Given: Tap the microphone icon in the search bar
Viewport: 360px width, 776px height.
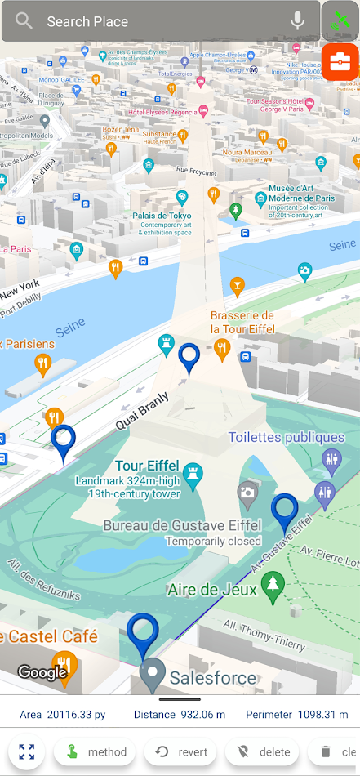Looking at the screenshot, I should (297, 21).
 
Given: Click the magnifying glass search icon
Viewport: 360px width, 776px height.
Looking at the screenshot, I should (24, 21).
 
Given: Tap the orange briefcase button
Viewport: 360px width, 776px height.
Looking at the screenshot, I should (340, 61).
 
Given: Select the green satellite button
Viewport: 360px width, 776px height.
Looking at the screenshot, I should (340, 21).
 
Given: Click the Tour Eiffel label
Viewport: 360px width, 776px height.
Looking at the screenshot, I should (146, 466).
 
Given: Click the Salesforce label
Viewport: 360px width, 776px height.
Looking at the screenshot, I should (212, 677).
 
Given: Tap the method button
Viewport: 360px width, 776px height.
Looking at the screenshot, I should (95, 751).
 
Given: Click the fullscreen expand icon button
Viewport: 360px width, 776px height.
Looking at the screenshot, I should (27, 751).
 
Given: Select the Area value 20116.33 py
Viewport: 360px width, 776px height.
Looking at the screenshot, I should (75, 715).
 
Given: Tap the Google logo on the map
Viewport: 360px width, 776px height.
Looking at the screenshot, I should (42, 672).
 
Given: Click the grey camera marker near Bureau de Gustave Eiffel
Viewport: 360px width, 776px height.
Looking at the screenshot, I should (247, 493).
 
